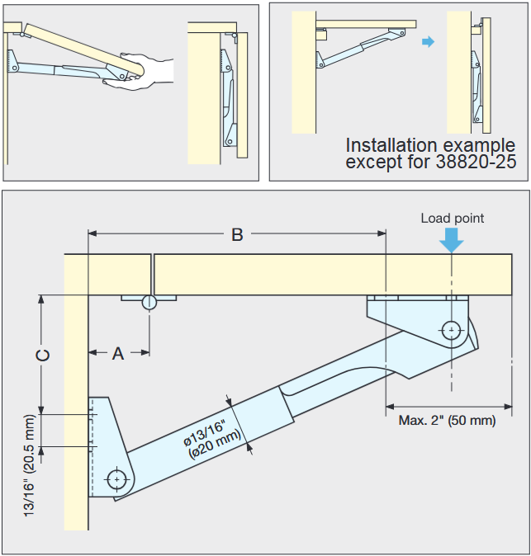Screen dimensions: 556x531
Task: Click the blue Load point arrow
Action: (x=452, y=239)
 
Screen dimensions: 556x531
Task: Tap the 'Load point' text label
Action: (x=452, y=218)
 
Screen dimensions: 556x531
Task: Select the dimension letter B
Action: (x=237, y=234)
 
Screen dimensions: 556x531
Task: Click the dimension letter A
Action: (x=118, y=353)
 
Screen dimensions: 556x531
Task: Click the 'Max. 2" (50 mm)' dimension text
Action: (x=447, y=420)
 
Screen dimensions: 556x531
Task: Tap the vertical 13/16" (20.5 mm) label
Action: (x=30, y=467)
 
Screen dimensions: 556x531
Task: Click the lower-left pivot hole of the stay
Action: (x=118, y=478)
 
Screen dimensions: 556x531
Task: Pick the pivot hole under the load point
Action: (x=452, y=330)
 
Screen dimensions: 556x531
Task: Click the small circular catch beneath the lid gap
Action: (x=149, y=302)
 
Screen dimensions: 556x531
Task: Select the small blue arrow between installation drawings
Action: (x=427, y=41)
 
